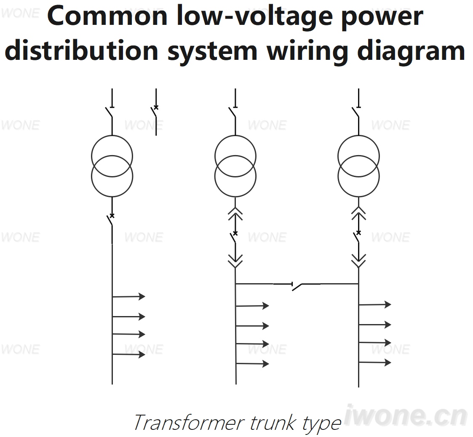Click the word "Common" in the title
pyautogui.click(x=107, y=16)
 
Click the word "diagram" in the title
pyautogui.click(x=411, y=51)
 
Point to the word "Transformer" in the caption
pyautogui.click(x=189, y=422)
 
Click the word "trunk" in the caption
pyautogui.click(x=273, y=422)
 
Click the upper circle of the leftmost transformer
pyautogui.click(x=112, y=136)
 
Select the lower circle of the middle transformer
pyautogui.click(x=235, y=196)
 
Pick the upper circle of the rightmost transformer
pyautogui.click(x=359, y=136)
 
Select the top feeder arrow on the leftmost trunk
pyautogui.click(x=128, y=296)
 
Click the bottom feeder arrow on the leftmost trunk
pyautogui.click(x=128, y=354)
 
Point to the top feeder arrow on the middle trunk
pyautogui.click(x=252, y=306)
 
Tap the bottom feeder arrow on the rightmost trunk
pyautogui.click(x=375, y=362)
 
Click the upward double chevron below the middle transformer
pyautogui.click(x=235, y=213)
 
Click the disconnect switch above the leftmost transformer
pyautogui.click(x=110, y=112)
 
